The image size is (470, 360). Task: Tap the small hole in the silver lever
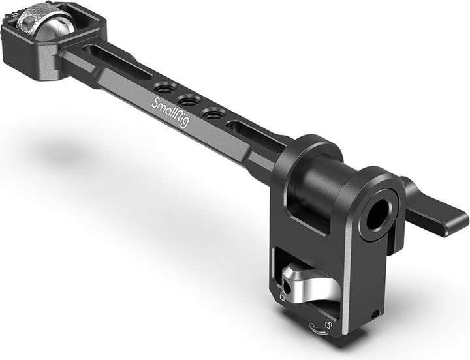[288, 286]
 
